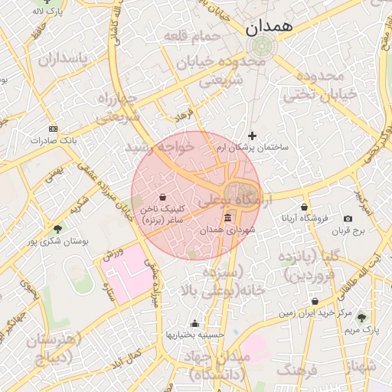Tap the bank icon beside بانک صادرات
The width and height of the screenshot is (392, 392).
(x=53, y=129)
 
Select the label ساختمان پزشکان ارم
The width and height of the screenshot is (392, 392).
(x=253, y=147)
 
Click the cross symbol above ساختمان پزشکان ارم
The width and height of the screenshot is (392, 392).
(x=253, y=136)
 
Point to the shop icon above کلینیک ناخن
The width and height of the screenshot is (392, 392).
(x=163, y=198)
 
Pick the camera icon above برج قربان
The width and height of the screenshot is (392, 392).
(x=348, y=219)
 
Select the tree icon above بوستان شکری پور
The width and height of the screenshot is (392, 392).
(x=58, y=229)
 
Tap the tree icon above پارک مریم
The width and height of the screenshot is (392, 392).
(x=361, y=318)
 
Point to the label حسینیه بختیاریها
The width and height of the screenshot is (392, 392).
(x=194, y=335)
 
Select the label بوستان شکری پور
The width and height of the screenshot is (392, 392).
(x=59, y=240)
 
